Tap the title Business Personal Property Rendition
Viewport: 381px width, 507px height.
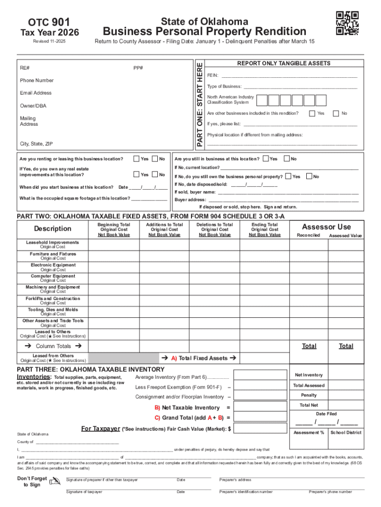pos(204,31)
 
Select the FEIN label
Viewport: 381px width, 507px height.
pos(213,75)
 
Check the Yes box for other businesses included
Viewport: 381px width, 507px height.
pos(312,113)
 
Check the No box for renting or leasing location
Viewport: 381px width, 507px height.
pos(155,159)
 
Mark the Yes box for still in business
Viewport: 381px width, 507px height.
pos(266,159)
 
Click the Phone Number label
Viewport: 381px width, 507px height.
pos(37,80)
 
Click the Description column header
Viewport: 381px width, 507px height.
pos(52,229)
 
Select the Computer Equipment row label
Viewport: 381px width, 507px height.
pos(53,276)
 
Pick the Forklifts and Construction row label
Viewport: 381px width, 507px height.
pos(53,299)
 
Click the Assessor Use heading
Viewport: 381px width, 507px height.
pos(327,227)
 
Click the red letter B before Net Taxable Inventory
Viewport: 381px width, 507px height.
pos(157,407)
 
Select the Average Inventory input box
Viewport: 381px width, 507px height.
pos(260,377)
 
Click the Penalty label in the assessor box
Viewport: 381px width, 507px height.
pos(309,395)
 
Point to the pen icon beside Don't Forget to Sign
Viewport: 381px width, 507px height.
pos(55,481)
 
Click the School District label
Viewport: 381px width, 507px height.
pos(346,432)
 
